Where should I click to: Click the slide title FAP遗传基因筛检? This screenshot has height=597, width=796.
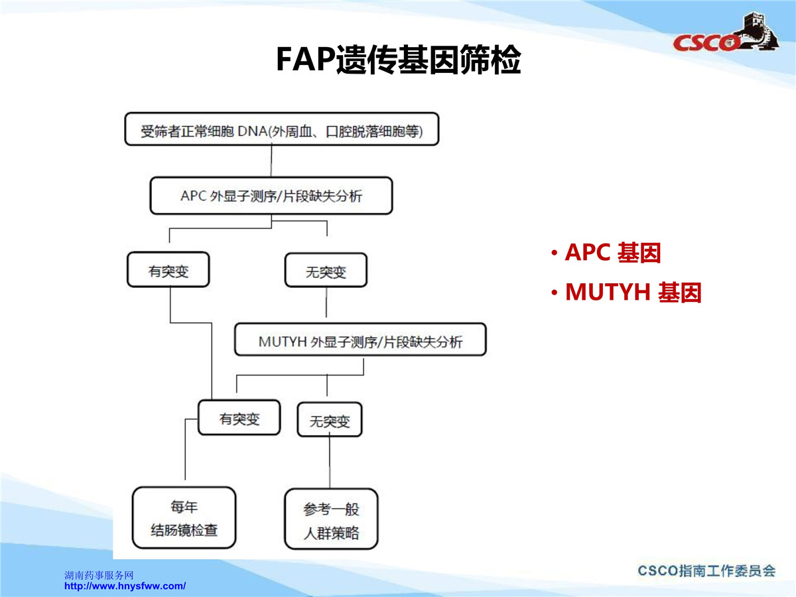click(x=398, y=60)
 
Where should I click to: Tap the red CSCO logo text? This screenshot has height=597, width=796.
click(x=706, y=42)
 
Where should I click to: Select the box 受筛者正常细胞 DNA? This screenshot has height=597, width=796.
click(x=282, y=129)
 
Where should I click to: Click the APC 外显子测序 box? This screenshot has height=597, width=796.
click(x=271, y=196)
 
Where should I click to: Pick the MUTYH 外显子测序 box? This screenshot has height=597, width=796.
click(x=360, y=339)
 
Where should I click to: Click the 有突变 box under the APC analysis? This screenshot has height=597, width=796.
click(x=168, y=269)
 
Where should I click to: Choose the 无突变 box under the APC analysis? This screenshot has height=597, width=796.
click(x=326, y=270)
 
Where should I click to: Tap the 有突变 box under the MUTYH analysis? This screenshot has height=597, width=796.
click(x=239, y=417)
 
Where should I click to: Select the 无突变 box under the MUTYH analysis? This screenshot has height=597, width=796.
click(x=330, y=419)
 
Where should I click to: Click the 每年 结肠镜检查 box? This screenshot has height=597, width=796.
click(x=184, y=517)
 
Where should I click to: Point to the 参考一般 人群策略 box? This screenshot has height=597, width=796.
click(x=332, y=519)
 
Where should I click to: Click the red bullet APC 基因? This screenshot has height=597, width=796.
click(x=606, y=252)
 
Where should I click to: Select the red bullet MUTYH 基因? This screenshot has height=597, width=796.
click(x=626, y=292)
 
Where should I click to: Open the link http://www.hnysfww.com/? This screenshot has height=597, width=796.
click(x=125, y=586)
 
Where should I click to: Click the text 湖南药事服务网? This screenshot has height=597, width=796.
click(x=99, y=575)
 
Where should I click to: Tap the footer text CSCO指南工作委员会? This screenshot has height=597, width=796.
click(x=706, y=571)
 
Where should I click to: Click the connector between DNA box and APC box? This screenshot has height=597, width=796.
click(x=271, y=161)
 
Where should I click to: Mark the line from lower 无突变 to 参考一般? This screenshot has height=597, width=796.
click(x=330, y=462)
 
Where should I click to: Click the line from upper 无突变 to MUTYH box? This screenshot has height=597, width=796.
click(x=326, y=302)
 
